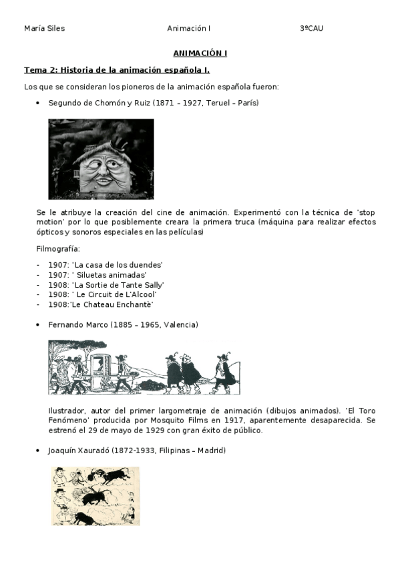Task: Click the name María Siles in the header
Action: pyautogui.click(x=44, y=29)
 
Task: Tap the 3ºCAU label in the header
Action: pyautogui.click(x=311, y=29)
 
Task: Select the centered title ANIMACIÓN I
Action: pyautogui.click(x=200, y=53)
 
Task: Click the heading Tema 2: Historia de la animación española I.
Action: pyautogui.click(x=117, y=69)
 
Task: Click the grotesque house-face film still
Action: pyautogui.click(x=101, y=159)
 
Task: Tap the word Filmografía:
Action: pyautogui.click(x=58, y=249)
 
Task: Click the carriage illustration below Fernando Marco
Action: pyautogui.click(x=144, y=367)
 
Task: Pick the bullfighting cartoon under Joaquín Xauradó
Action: pyautogui.click(x=95, y=496)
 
